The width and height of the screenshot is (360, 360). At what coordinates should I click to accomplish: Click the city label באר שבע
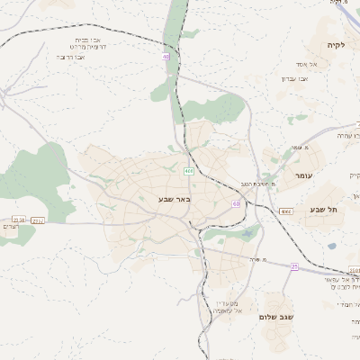pos(175,198)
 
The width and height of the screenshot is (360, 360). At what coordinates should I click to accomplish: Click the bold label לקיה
pos(336,45)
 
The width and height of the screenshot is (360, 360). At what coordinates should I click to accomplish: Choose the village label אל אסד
pos(297,64)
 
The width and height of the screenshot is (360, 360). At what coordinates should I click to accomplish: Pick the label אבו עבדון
pos(294,78)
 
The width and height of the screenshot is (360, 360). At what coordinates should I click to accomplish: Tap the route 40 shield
pos(166,57)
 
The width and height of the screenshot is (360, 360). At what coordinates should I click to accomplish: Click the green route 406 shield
pos(188,171)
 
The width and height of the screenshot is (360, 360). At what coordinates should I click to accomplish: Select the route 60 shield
pos(236,204)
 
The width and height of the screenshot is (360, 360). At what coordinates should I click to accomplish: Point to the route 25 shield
pos(294,266)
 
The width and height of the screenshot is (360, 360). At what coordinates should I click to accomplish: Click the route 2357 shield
pos(38,220)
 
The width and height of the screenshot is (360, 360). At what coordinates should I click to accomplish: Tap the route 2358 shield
pos(19,219)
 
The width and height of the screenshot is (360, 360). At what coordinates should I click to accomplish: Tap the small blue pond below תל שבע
pos(332,246)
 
